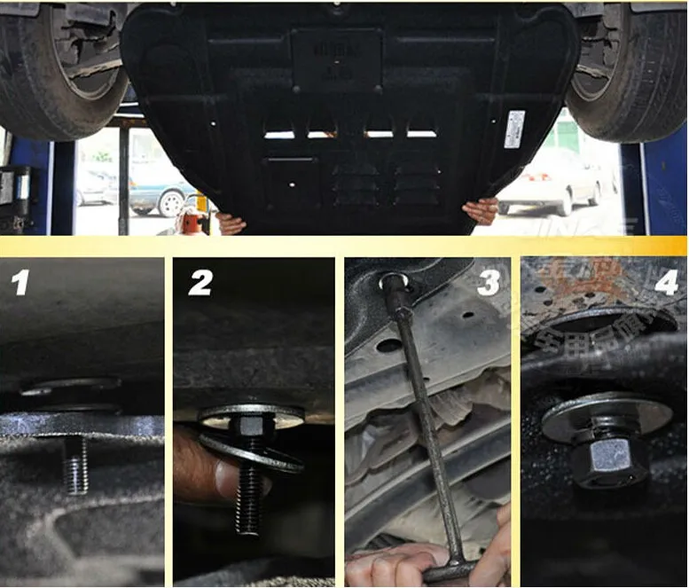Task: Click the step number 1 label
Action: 19,283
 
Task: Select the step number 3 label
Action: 489,283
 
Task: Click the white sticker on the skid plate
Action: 514,129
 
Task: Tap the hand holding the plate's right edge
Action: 482,211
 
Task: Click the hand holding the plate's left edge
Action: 228,223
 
